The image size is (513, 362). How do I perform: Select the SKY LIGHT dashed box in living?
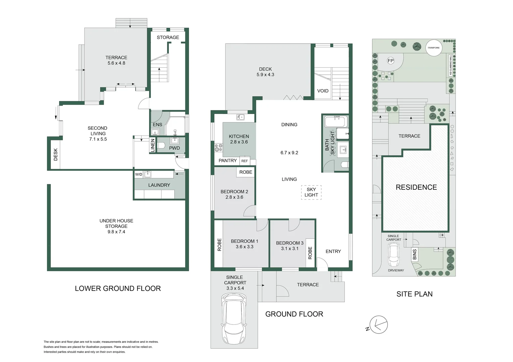point(311,192)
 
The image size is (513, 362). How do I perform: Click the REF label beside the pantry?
point(244,161)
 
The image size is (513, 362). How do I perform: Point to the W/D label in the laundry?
point(139,174)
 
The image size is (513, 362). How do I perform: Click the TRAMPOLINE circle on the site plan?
point(433,48)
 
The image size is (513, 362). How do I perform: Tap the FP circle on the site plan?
point(390,61)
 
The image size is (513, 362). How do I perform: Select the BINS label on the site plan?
point(415,254)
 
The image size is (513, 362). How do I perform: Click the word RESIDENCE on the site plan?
point(416,187)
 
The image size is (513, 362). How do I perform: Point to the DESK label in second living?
point(56,155)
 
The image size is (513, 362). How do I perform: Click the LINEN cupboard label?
point(153,145)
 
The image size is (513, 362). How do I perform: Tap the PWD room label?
point(174,148)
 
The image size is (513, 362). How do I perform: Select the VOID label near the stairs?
point(323,91)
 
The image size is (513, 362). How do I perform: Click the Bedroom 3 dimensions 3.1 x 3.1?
point(289,248)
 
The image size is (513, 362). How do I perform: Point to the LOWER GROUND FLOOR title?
point(118,288)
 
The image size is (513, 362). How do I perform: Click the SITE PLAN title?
point(414,294)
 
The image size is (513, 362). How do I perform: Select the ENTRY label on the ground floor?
point(333,251)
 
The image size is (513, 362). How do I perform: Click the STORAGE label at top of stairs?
point(168,37)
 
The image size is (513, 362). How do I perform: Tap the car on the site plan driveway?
point(393,254)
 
